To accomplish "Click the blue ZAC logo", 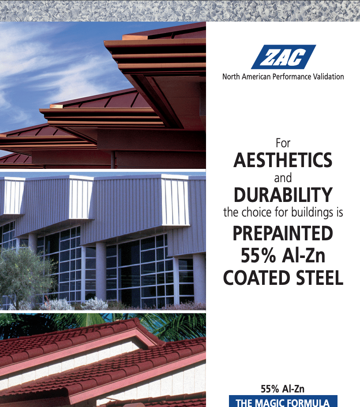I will coord(283,57).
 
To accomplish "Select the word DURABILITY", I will coord(283,194).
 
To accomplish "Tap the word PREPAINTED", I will coord(283,233).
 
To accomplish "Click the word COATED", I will coord(253,278).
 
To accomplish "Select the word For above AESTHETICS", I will coord(283,143).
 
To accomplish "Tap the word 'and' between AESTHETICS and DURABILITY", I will coord(283,179).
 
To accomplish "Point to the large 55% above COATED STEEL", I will coord(258,255).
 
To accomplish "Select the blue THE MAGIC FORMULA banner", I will coord(283,402).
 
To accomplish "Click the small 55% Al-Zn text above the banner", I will coord(283,389).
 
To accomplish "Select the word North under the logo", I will coord(231,76).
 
